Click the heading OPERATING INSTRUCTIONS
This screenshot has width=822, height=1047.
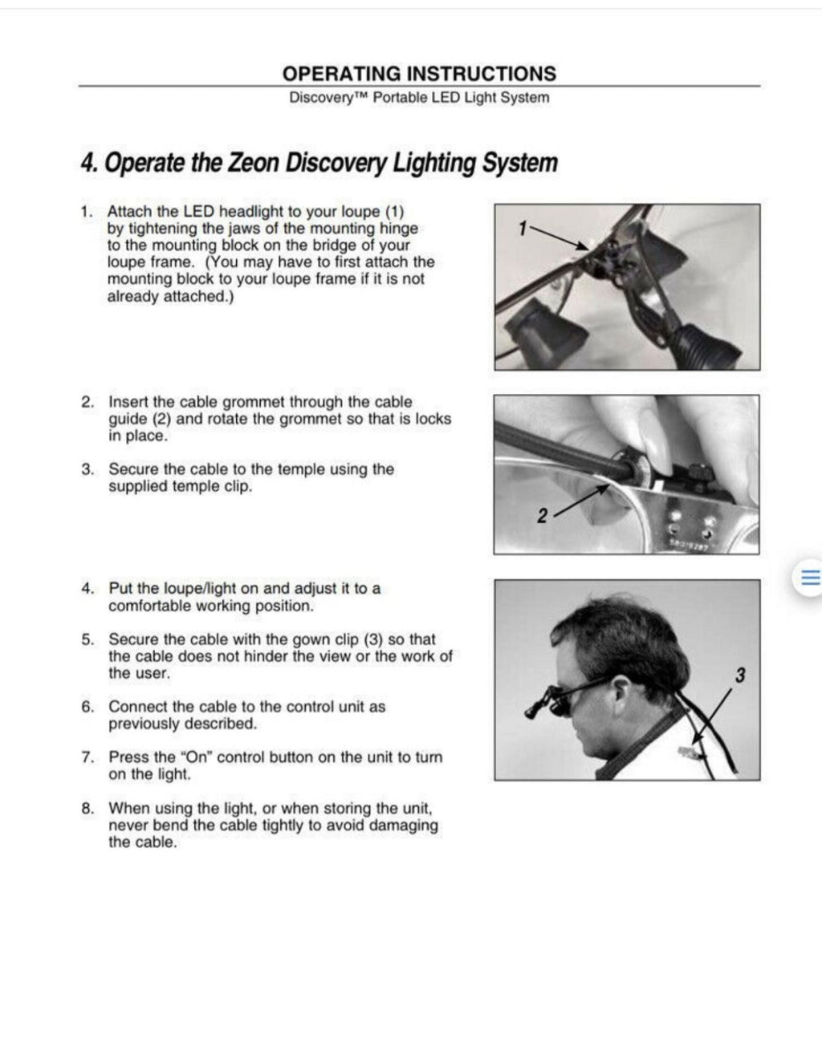point(419,74)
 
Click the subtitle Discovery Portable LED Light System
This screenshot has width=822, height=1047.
point(419,98)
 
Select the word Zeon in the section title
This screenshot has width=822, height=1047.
point(255,163)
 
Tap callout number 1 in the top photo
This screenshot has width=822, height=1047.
point(522,229)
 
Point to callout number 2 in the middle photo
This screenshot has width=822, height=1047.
point(542,517)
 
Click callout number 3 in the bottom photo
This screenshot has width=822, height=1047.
point(739,676)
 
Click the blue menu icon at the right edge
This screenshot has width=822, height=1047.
point(810,578)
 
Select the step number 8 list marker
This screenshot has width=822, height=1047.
point(87,809)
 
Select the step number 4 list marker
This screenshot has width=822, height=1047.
point(87,589)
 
